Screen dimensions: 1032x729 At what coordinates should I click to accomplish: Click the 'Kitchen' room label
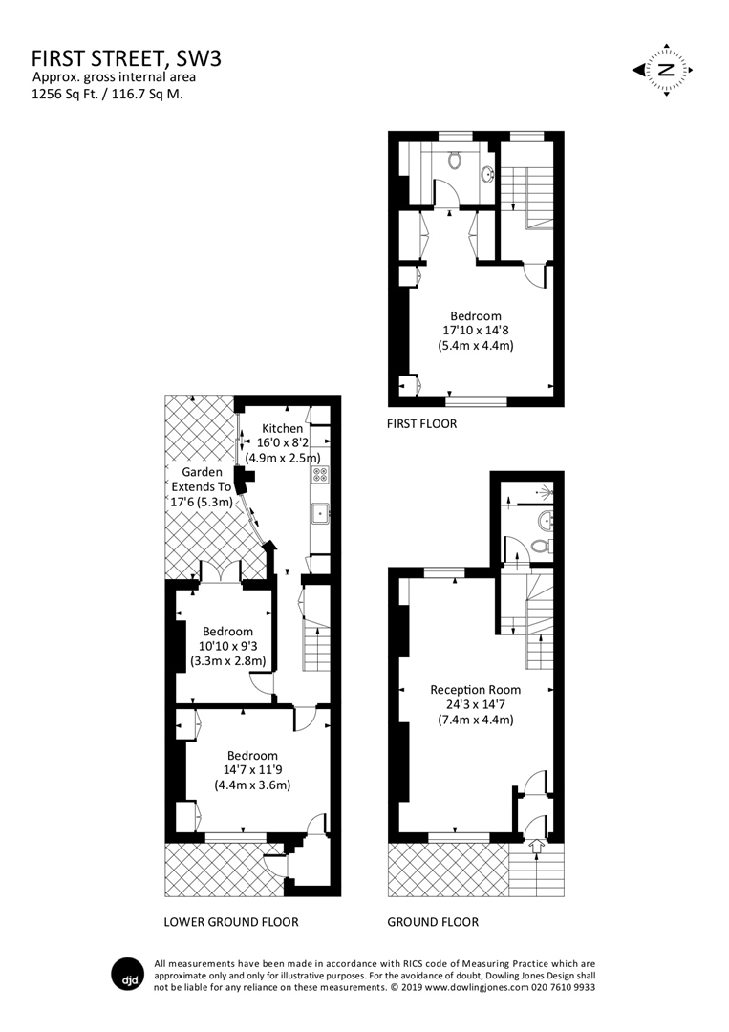283,428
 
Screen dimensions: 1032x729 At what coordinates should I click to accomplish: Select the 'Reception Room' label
475,689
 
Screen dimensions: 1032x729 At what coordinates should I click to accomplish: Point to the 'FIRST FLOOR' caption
421,423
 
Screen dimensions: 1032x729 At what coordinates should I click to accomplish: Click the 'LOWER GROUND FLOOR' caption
231,922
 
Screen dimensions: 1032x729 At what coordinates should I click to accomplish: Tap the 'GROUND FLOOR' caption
433,922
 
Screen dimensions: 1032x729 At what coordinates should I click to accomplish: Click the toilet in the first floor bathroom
455,158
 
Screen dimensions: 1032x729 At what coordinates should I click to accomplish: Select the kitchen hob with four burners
319,474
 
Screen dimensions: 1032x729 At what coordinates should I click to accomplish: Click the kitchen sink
318,513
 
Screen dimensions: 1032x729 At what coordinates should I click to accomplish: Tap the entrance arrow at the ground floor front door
533,844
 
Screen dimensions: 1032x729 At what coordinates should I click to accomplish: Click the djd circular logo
129,976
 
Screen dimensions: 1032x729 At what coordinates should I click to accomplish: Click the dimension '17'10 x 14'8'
475,331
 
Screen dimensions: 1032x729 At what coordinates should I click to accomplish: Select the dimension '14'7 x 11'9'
251,770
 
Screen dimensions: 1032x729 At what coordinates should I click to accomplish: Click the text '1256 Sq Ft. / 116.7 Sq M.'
107,94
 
